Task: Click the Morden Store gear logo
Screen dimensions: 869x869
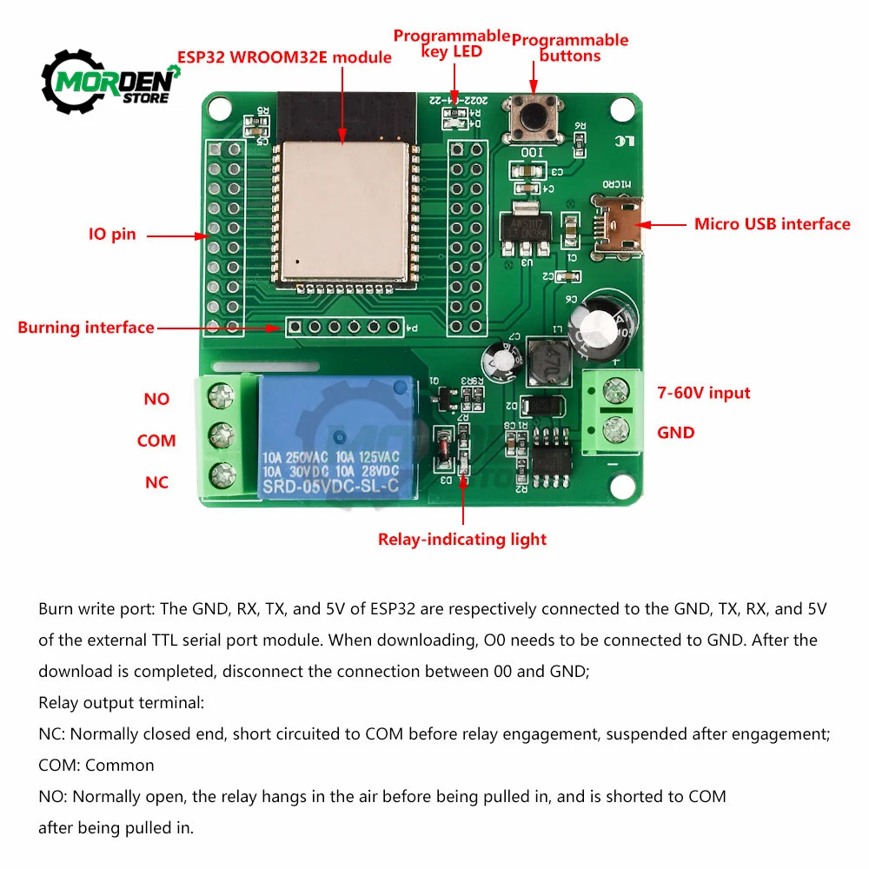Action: click(x=110, y=82)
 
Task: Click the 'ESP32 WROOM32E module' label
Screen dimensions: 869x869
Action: click(x=284, y=57)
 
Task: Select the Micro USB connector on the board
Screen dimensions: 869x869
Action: click(x=620, y=224)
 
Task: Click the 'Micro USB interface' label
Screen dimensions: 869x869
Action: click(x=772, y=224)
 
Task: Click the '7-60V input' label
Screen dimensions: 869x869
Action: click(x=704, y=393)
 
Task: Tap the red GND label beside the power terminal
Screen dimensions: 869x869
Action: click(x=675, y=433)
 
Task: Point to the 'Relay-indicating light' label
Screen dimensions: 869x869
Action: click(x=461, y=540)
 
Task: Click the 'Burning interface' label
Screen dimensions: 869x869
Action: click(x=85, y=328)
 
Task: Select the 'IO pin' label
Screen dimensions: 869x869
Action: click(x=112, y=235)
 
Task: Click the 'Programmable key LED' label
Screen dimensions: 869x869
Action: click(x=451, y=43)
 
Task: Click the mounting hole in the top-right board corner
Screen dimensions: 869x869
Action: click(x=622, y=109)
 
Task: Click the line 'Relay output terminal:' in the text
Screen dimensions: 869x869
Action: click(x=121, y=703)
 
